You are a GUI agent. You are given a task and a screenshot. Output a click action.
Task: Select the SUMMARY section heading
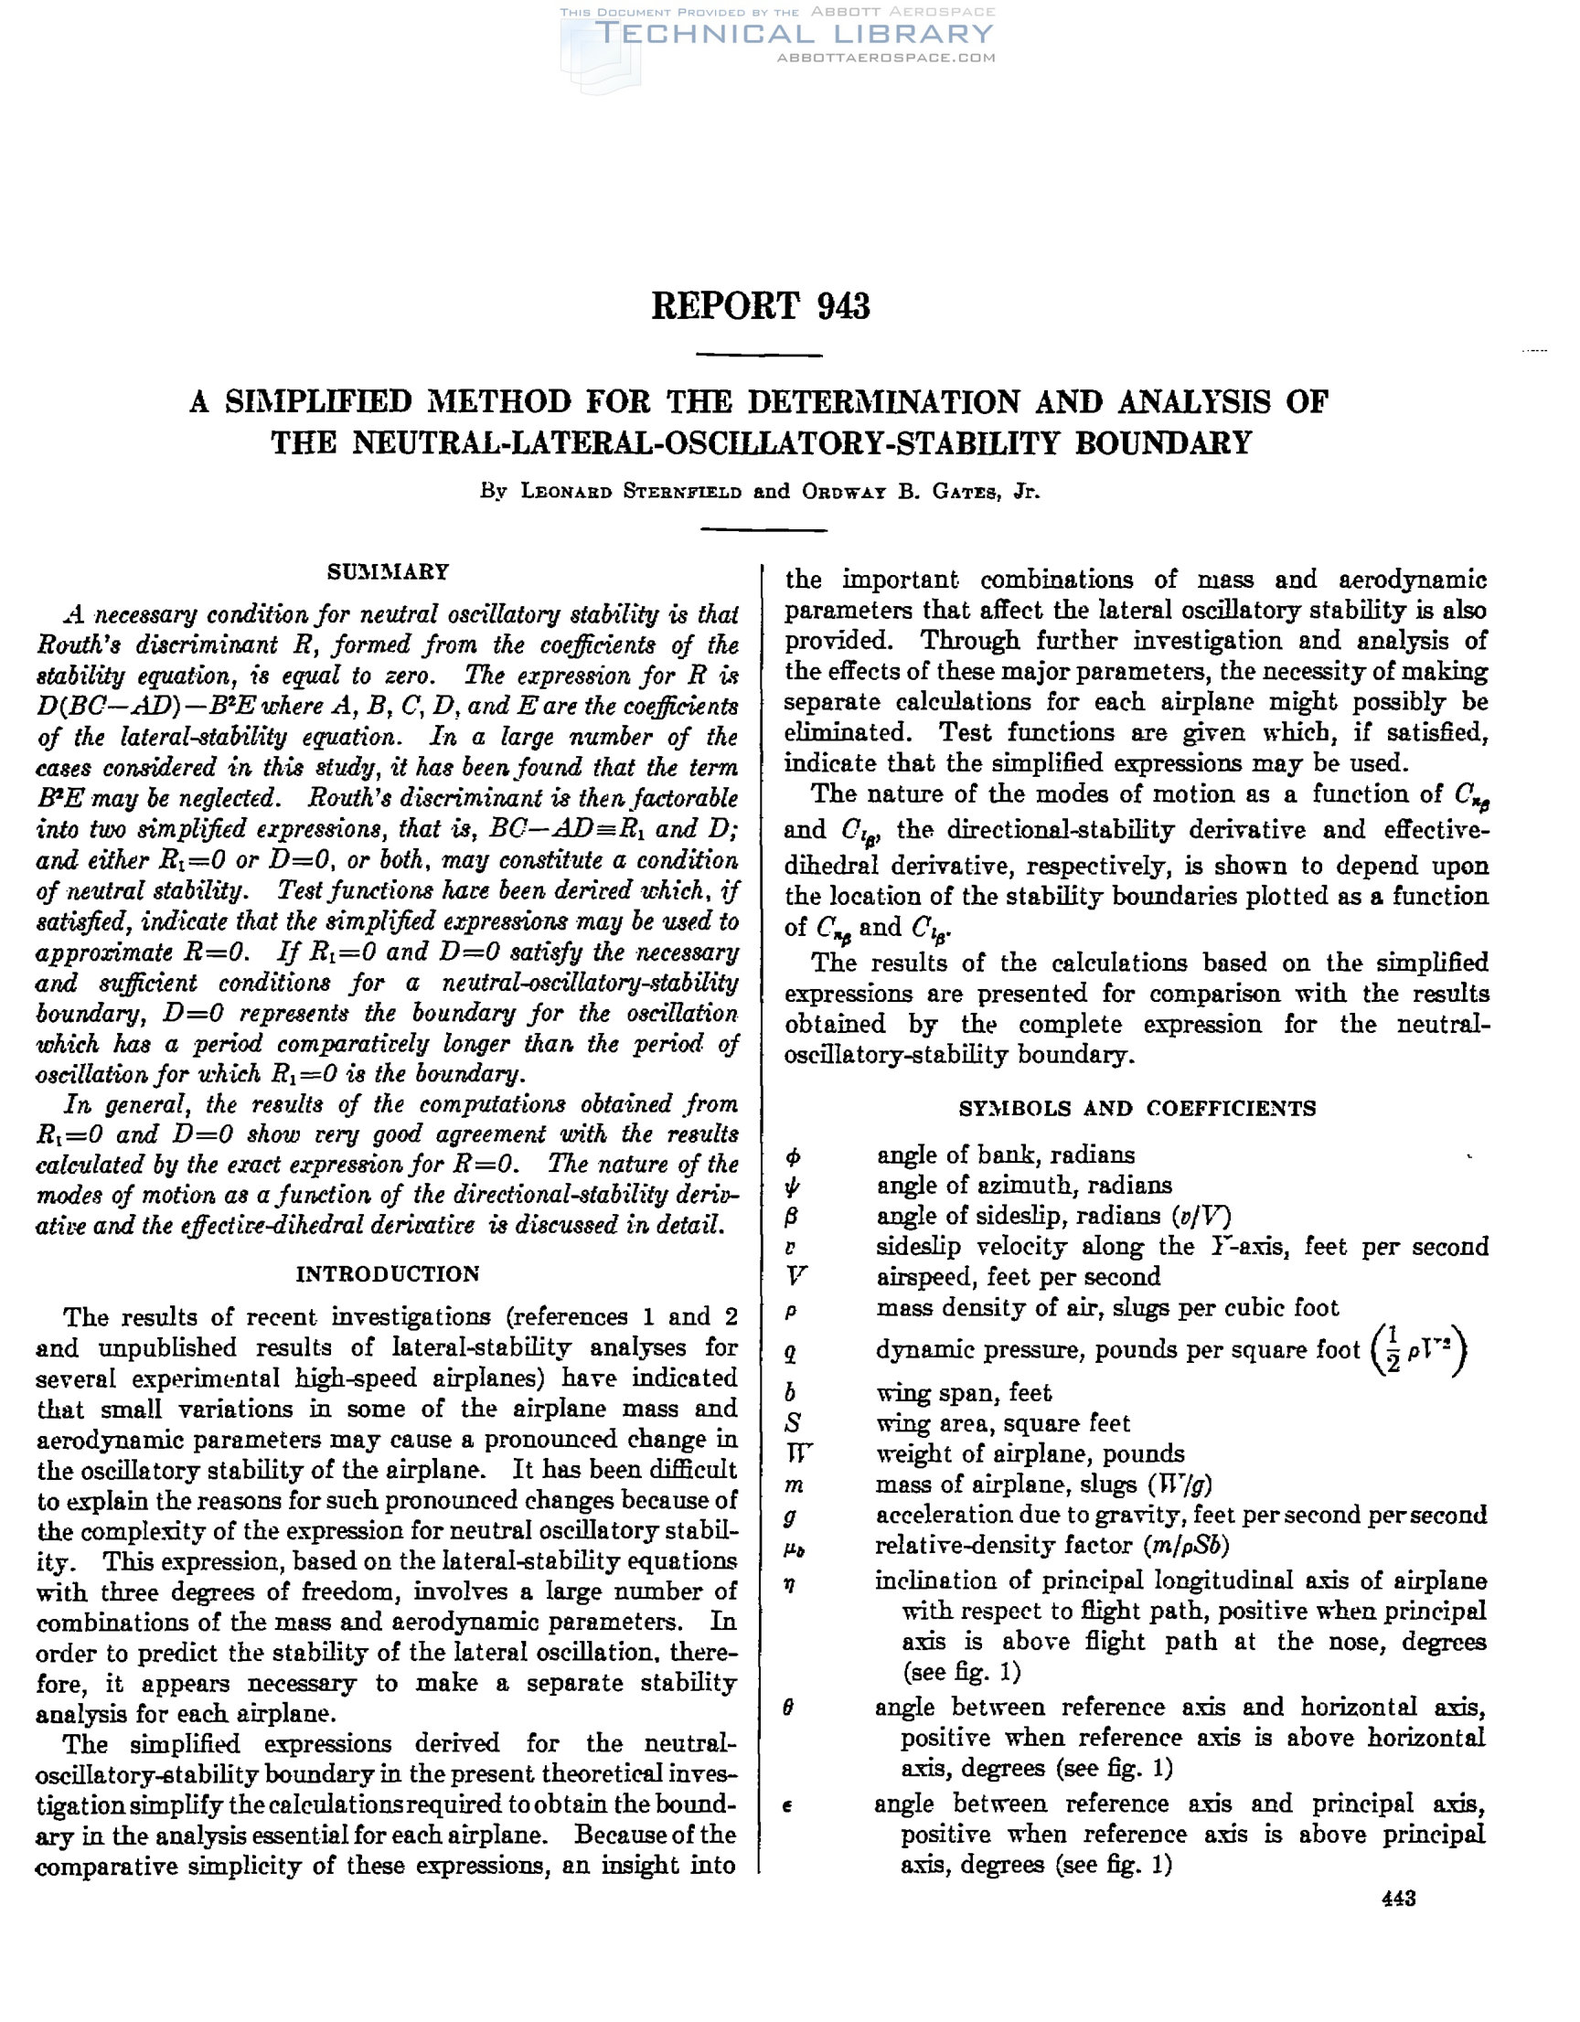pos(388,571)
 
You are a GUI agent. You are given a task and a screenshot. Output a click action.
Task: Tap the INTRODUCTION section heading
pos(387,1274)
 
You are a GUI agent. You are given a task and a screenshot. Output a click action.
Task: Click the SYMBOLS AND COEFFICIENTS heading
pos(1137,1108)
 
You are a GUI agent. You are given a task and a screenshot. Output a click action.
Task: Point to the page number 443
pos(1398,1899)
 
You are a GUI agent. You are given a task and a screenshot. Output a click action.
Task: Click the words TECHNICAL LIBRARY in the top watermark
pos(794,33)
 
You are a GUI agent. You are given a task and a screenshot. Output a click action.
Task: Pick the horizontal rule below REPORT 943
pos(759,355)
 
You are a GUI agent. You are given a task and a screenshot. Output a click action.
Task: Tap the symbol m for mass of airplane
pos(794,1485)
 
